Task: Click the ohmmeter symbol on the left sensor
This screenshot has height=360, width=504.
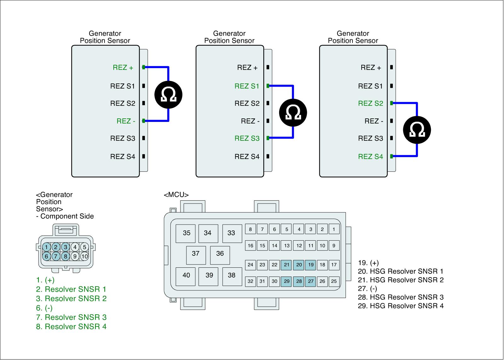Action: [x=169, y=94]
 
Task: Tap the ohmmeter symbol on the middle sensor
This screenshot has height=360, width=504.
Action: [x=293, y=112]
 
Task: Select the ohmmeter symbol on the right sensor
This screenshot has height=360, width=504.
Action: [x=417, y=130]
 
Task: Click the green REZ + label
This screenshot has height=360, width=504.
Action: [x=123, y=67]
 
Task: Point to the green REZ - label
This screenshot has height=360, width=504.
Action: [x=126, y=121]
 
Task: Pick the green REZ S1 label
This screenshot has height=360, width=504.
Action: [x=247, y=86]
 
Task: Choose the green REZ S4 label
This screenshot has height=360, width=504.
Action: [x=370, y=157]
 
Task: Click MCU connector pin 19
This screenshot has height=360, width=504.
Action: [x=311, y=265]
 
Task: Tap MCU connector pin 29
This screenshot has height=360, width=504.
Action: [x=287, y=281]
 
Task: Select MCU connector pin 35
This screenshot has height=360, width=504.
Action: [x=186, y=233]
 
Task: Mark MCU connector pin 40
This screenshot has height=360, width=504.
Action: [x=186, y=275]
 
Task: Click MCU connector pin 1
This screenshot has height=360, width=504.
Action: [x=334, y=229]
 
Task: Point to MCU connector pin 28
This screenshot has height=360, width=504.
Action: [x=299, y=281]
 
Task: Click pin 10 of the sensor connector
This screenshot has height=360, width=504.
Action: [x=84, y=256]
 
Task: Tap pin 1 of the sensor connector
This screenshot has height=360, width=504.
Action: [x=46, y=247]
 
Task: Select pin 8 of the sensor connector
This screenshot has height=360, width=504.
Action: [x=66, y=256]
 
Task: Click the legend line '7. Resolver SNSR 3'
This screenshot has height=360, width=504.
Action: [x=71, y=317]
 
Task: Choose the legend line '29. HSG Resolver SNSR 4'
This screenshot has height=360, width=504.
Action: [x=401, y=306]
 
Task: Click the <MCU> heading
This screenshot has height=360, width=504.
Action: [x=176, y=195]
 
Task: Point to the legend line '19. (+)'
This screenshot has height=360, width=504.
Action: [x=368, y=263]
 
